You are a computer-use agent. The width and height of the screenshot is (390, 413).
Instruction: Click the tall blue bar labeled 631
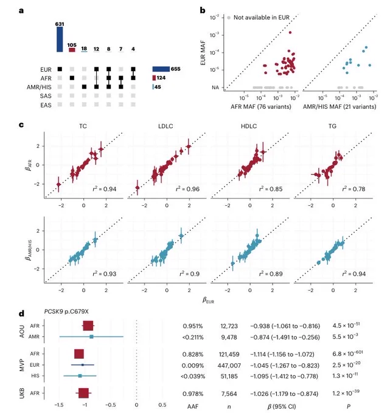click(x=60, y=39)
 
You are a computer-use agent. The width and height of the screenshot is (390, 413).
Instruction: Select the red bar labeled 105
click(x=72, y=50)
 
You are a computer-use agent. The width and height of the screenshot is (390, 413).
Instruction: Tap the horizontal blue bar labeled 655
click(x=161, y=69)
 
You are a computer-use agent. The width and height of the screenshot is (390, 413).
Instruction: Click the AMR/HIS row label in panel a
click(x=39, y=87)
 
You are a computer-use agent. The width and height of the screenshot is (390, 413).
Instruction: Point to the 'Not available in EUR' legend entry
click(x=258, y=18)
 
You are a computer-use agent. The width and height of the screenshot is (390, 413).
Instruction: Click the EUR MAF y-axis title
click(x=203, y=53)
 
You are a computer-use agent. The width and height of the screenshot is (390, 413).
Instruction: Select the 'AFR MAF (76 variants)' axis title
click(x=261, y=107)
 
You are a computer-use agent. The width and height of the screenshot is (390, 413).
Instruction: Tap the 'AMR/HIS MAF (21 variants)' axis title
click(x=340, y=107)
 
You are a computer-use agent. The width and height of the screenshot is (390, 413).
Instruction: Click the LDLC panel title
click(x=165, y=126)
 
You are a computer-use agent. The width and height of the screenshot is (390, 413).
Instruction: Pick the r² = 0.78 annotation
click(x=353, y=189)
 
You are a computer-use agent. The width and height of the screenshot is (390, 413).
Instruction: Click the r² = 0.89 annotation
click(x=271, y=274)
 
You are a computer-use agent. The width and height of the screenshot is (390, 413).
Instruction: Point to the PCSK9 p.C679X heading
click(x=66, y=312)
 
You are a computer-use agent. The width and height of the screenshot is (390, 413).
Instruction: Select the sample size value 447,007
click(x=229, y=366)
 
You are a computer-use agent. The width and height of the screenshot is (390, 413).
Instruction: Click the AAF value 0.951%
click(x=193, y=326)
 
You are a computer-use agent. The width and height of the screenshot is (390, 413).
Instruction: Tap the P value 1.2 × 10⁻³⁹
click(x=346, y=393)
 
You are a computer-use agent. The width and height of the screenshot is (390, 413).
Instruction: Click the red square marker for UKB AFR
click(x=83, y=393)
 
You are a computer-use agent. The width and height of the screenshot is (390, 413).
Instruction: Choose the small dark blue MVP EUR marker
click(x=83, y=365)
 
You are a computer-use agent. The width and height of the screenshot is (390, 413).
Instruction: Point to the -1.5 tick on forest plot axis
click(x=59, y=405)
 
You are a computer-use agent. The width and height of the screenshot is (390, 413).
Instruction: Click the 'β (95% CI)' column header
click(x=282, y=406)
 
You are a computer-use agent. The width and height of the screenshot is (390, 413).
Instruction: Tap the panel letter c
click(x=21, y=125)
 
